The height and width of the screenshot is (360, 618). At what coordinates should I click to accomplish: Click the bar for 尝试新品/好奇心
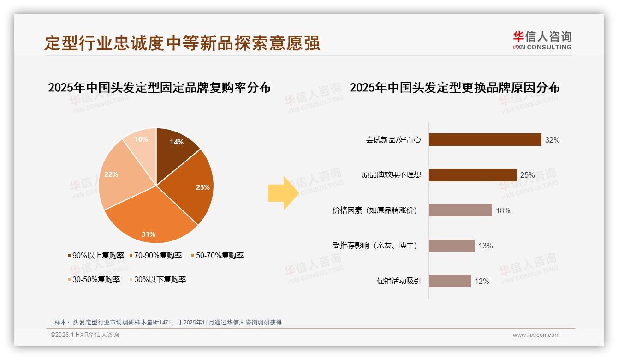[x=485, y=140]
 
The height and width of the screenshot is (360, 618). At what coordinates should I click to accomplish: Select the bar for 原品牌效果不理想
[x=472, y=175]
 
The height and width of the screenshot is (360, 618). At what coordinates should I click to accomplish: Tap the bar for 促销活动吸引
[x=450, y=281]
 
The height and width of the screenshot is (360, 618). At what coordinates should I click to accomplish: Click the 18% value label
[x=503, y=210]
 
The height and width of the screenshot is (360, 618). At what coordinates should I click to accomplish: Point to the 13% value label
[x=486, y=246]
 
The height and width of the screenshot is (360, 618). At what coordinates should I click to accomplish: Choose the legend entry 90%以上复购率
[x=96, y=255]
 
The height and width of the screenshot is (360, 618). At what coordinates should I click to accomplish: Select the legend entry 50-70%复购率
[x=217, y=255]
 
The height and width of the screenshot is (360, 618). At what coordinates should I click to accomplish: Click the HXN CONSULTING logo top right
[x=542, y=41]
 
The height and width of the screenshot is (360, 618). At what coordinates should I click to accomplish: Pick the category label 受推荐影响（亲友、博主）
[x=374, y=246]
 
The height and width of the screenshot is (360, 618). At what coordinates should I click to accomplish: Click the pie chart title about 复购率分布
[x=159, y=88]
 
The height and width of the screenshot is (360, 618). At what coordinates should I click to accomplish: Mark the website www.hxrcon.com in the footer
[x=536, y=335]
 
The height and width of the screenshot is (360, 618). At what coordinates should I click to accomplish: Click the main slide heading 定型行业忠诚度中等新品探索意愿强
[x=182, y=43]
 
